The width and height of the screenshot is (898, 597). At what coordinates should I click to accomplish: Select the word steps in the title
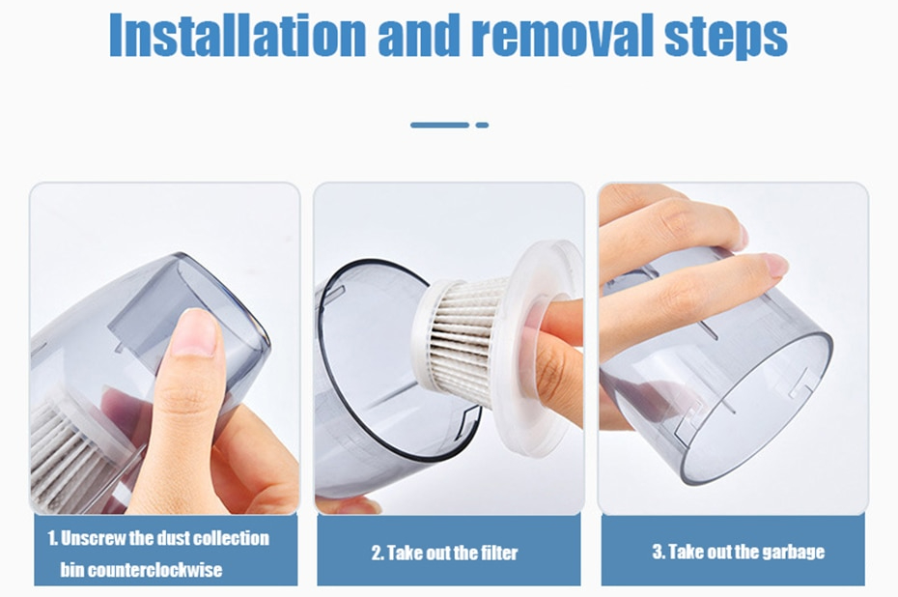coord(726,39)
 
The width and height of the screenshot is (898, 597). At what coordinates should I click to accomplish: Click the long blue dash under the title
coord(440,125)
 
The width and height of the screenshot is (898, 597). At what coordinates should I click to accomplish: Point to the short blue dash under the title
coord(482,125)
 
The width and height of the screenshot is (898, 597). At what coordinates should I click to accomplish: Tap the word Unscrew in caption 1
coord(93,539)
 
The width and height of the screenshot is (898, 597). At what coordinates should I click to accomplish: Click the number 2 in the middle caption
coord(378,554)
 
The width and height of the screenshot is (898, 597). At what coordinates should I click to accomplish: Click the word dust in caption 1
coord(171,539)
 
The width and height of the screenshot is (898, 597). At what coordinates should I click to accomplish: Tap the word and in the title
coord(419,35)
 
